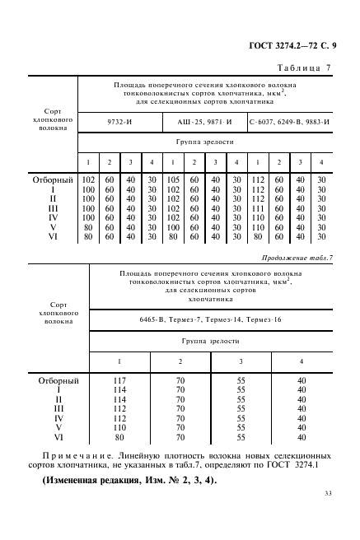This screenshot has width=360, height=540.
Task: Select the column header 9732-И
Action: [120, 123]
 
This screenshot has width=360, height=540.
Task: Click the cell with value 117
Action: [120, 380]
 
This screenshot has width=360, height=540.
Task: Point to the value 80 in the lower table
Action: [120, 437]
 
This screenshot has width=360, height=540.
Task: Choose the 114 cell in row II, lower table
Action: [120, 399]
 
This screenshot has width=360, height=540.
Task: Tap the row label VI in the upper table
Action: [54, 236]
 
